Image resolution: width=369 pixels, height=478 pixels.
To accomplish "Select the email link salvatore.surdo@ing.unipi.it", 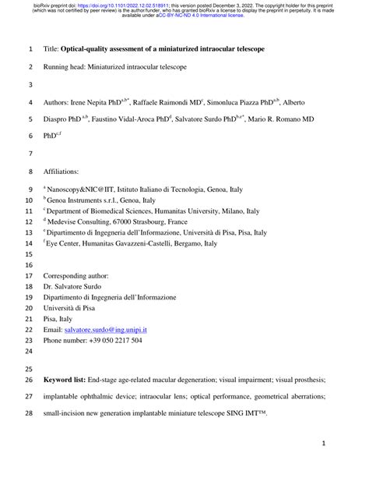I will click(x=109, y=331).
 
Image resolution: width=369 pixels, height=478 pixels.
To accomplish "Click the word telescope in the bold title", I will click(x=244, y=48).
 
